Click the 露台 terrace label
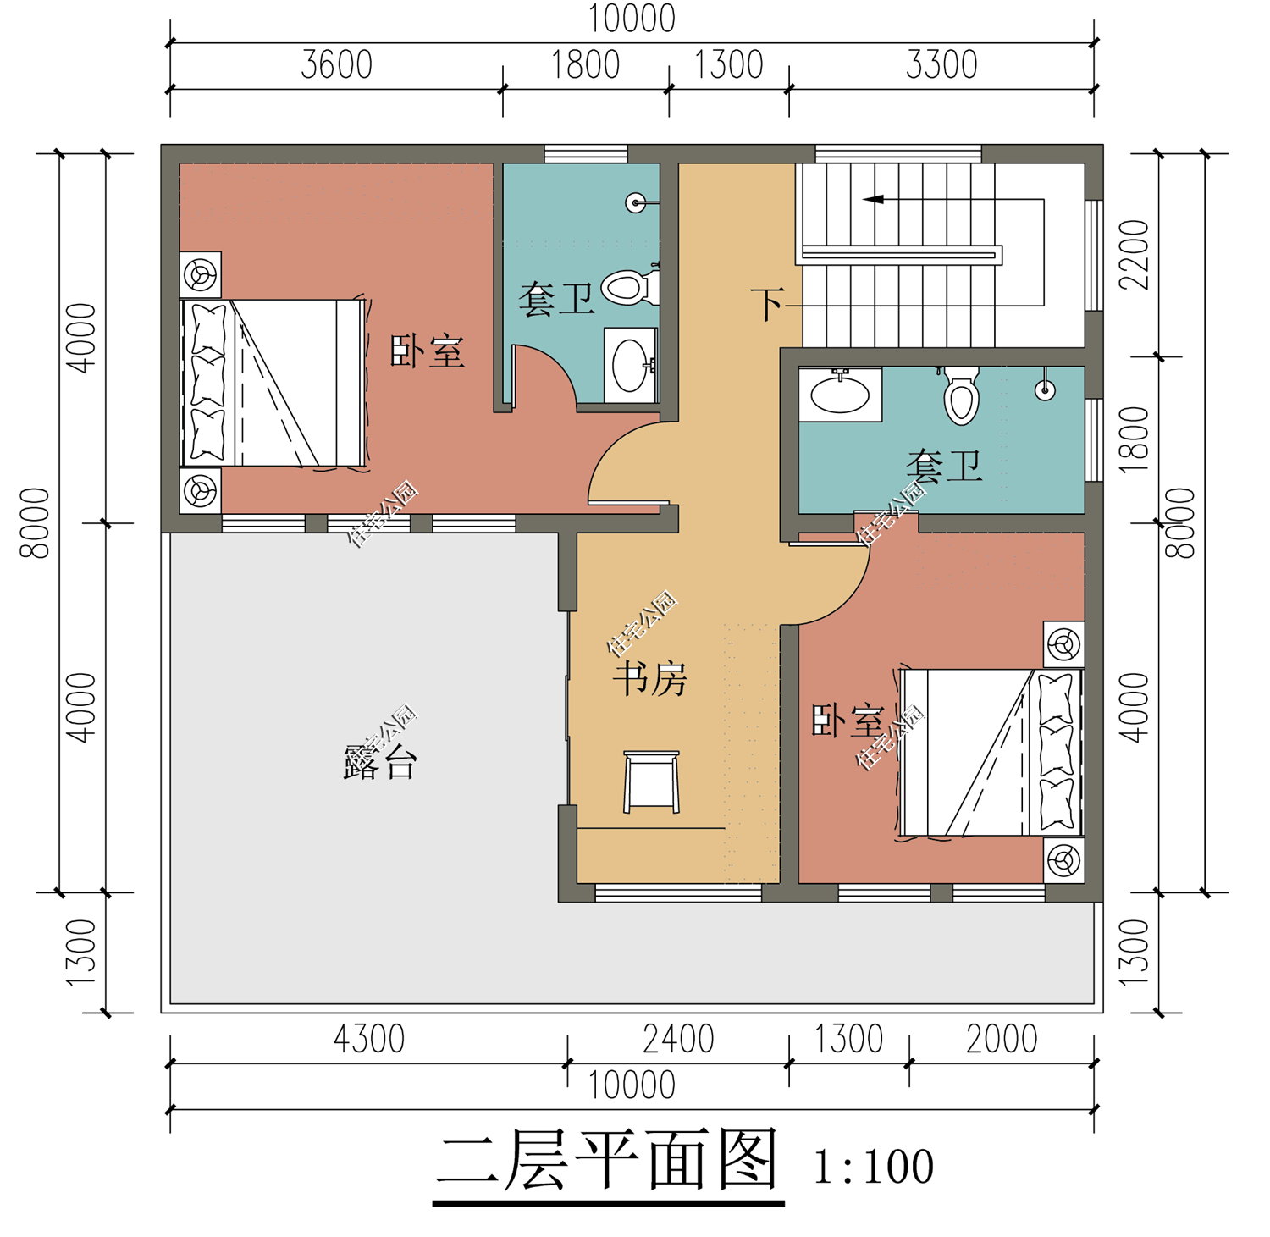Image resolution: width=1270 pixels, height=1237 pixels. [x=380, y=762]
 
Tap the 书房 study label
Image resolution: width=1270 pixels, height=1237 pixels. [x=650, y=679]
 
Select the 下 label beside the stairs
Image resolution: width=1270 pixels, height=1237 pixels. [x=768, y=304]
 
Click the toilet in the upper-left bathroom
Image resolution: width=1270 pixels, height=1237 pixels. [x=631, y=287]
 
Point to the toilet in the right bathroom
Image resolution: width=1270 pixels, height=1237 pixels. [x=961, y=395]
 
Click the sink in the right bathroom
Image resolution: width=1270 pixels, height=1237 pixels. [x=840, y=394]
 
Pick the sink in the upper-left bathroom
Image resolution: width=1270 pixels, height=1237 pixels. [x=631, y=365]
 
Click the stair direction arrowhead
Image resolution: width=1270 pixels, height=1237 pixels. [x=873, y=200]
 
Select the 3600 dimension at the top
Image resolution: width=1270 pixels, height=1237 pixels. [x=336, y=65]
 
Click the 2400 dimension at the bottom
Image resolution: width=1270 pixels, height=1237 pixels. [x=678, y=1039]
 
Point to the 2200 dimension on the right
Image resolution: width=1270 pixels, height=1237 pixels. [x=1134, y=255]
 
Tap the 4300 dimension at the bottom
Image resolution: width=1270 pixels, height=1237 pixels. [x=369, y=1039]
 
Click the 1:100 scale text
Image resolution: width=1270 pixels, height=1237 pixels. [x=873, y=1166]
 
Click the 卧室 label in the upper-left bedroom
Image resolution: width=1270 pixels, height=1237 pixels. [x=428, y=351]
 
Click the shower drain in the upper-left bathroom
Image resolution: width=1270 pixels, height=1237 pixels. [x=636, y=202]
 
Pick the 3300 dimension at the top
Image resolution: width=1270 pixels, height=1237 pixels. [x=941, y=65]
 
